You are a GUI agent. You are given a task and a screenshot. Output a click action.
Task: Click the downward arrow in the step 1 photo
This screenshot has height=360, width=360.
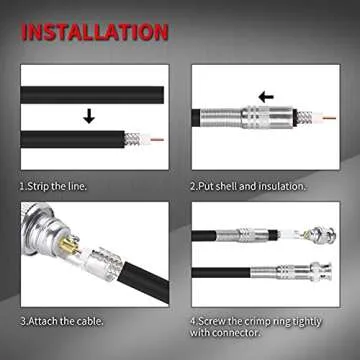pos(90,116)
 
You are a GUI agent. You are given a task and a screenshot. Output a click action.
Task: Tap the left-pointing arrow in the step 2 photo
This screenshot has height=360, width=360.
pos(265,97)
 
